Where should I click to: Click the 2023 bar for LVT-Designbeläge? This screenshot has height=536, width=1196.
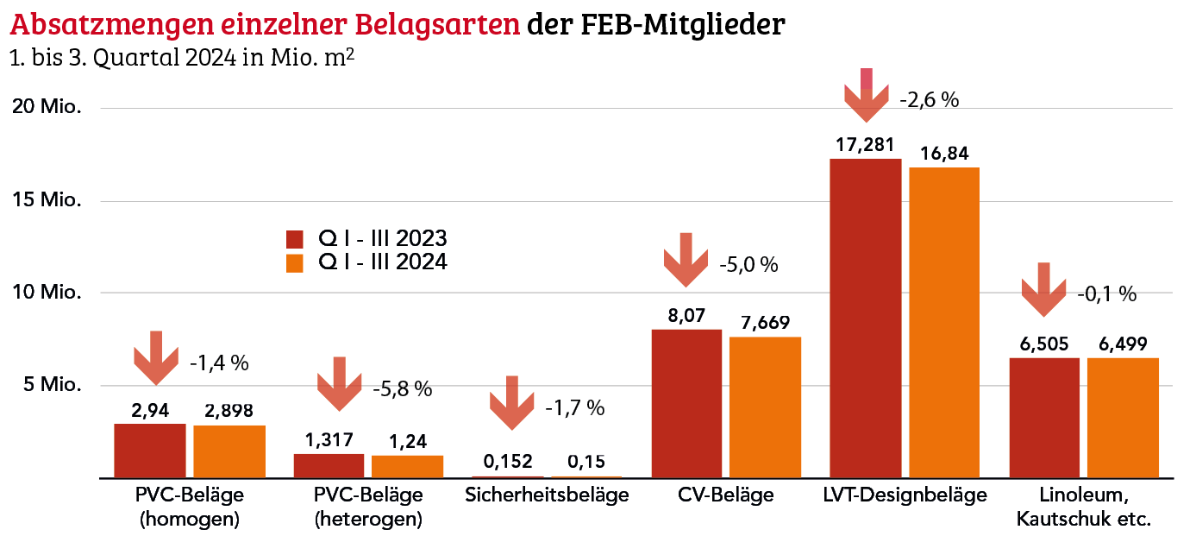point(865,318)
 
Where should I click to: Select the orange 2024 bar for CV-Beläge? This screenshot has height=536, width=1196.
point(765,407)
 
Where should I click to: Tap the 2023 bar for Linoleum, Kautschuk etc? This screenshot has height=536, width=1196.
point(1043,417)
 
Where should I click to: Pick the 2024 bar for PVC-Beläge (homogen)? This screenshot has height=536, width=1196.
point(229,451)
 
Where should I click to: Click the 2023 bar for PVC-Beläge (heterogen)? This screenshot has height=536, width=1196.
point(329,465)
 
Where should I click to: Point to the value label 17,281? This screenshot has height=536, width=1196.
point(865,143)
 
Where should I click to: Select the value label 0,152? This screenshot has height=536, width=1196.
point(508,461)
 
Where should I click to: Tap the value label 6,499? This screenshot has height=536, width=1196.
point(1123,343)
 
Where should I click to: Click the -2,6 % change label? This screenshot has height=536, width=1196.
point(930,99)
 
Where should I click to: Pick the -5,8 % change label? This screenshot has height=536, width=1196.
point(402,389)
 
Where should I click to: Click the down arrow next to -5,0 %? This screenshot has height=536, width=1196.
point(686,260)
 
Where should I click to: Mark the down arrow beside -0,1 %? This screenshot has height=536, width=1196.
point(1043,290)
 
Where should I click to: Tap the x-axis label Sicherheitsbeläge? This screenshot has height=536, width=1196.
point(547,495)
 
